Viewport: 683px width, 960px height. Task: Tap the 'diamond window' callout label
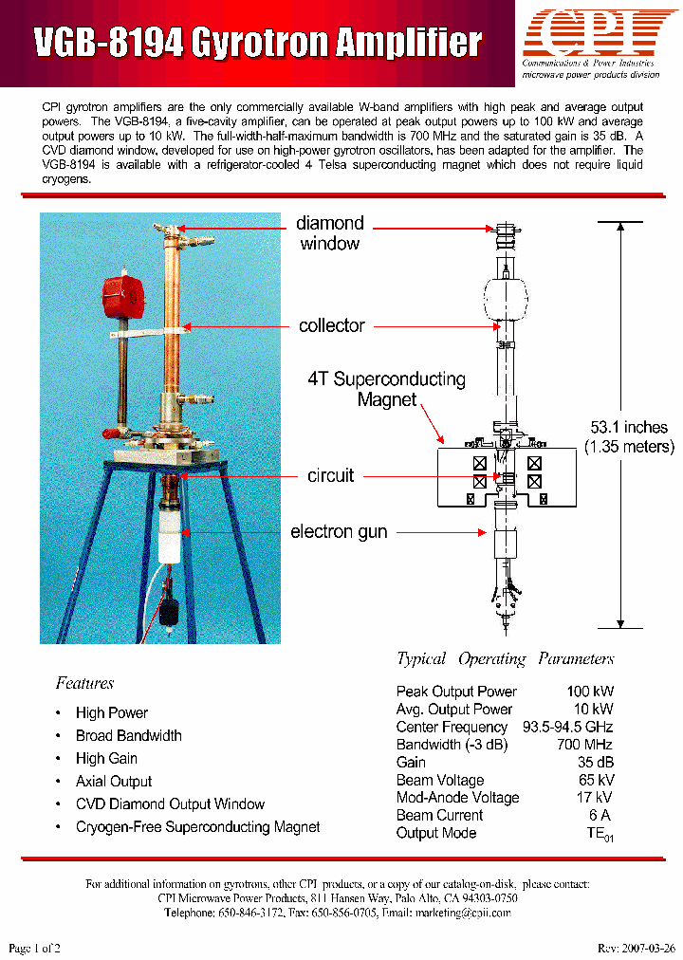329,233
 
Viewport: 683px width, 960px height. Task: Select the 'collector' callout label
331,326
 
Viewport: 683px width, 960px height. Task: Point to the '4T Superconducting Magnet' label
386,389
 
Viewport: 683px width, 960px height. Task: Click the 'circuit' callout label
331,475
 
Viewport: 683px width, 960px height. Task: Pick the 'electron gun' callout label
339,531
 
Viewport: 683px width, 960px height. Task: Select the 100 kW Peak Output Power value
590,692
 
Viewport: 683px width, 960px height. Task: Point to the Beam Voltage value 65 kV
594,780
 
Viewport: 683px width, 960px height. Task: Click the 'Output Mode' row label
436,833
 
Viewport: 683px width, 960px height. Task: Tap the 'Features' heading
84,683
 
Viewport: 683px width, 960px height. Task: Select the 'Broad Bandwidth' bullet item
129,736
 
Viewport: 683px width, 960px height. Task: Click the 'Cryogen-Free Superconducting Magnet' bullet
197,827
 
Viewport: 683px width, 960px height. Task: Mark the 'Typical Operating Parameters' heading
505,659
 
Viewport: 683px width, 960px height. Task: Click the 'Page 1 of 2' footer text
34,949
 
